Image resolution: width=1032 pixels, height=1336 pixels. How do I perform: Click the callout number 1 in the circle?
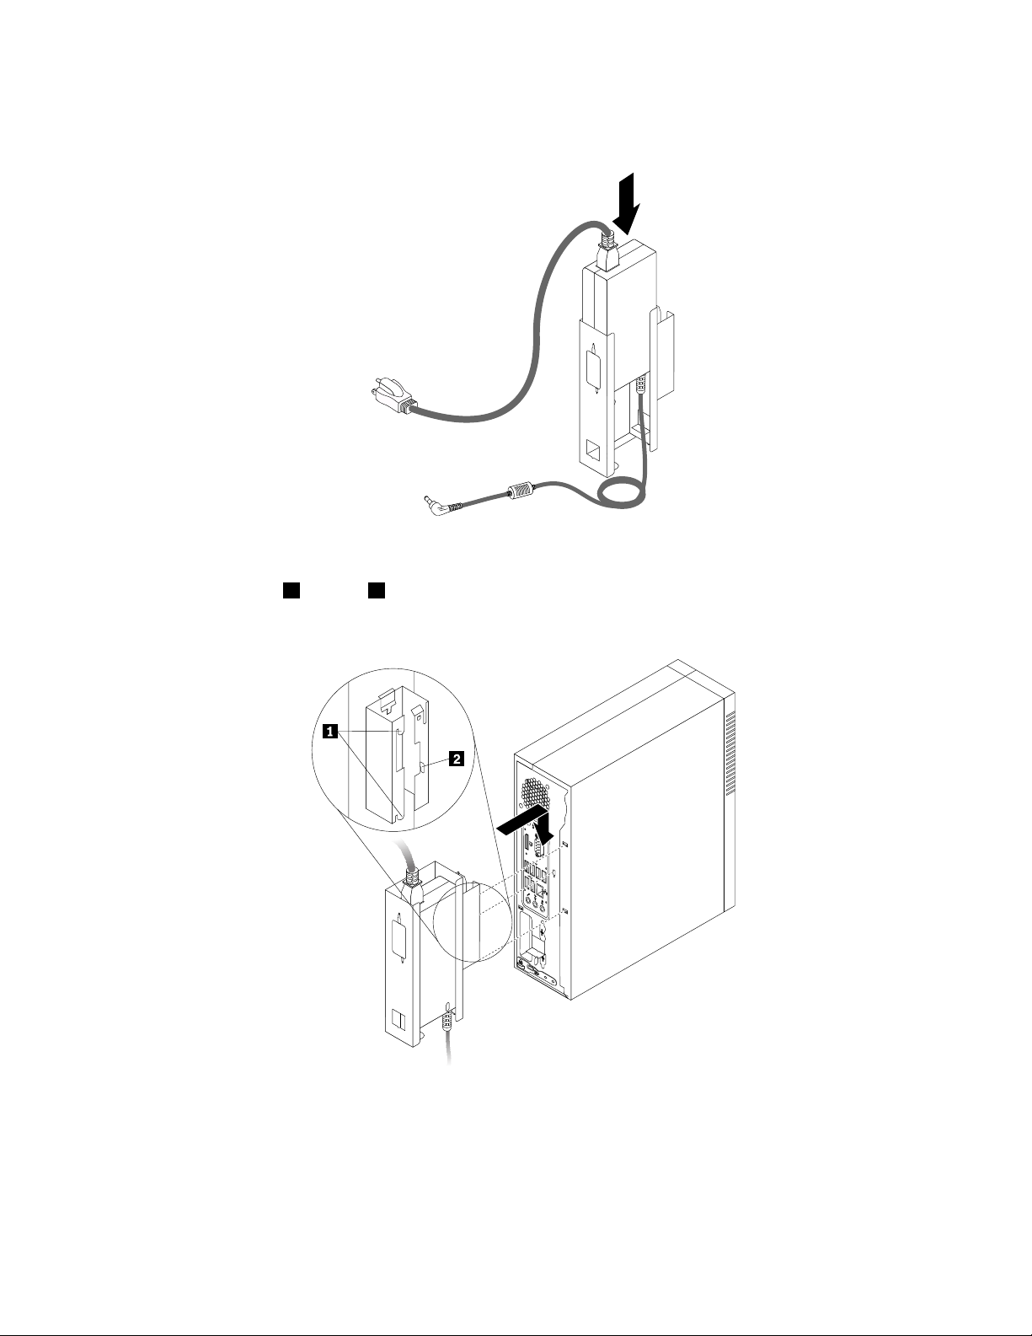click(x=333, y=732)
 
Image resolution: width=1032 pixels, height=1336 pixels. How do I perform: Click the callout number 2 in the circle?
click(x=456, y=759)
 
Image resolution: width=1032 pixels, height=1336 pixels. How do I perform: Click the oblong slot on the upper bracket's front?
click(x=596, y=370)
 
